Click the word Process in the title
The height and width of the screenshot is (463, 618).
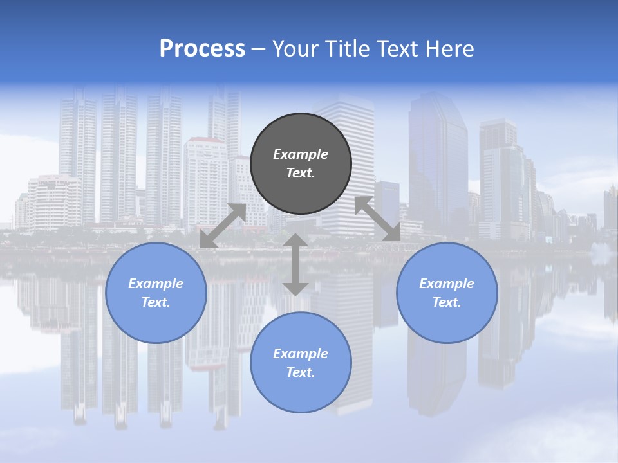[202, 49]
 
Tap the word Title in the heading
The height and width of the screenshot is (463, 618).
[348, 49]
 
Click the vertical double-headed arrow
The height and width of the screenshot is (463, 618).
[295, 264]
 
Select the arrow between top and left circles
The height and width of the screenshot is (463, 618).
[223, 226]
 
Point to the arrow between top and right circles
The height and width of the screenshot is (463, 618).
[377, 219]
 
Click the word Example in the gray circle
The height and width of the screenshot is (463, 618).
[301, 154]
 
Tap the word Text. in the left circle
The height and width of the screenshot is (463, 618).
[156, 302]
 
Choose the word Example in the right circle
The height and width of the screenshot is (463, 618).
[447, 284]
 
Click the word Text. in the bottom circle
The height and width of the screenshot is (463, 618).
[301, 372]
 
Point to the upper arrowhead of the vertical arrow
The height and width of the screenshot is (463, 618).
[295, 241]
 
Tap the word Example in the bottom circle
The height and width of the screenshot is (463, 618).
[301, 354]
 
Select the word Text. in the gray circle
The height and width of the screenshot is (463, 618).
[301, 173]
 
